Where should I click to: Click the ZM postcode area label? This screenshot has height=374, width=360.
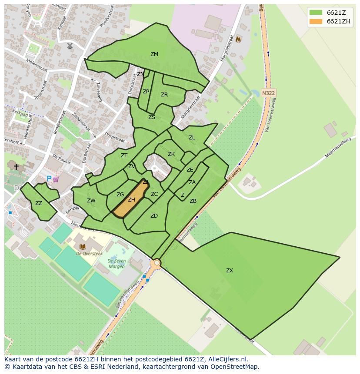coord(154,54)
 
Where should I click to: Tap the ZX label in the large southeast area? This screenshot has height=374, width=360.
coord(230,271)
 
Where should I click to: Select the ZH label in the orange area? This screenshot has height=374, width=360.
coord(131,200)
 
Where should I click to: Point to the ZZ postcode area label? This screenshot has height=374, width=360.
coord(39,203)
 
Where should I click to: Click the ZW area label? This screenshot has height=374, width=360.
coord(91,201)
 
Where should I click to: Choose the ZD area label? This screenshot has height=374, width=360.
coord(154,216)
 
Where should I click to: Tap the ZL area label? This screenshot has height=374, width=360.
coord(192,138)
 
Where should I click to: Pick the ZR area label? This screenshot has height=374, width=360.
coord(164,95)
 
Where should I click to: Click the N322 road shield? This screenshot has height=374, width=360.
coord(269,93)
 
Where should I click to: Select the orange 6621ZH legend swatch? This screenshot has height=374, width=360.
coord(316,21)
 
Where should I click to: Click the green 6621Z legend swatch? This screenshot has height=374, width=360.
coord(316,13)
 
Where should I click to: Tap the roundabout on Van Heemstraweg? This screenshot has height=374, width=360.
coord(157,263)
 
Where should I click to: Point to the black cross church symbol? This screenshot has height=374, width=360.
coord(16,167)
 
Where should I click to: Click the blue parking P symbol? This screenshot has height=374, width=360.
coord(49,179)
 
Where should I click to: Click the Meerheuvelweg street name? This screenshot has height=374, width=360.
coord(338,148)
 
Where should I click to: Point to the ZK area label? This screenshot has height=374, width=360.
coord(171,154)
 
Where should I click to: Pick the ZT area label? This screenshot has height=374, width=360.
coord(124,156)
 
